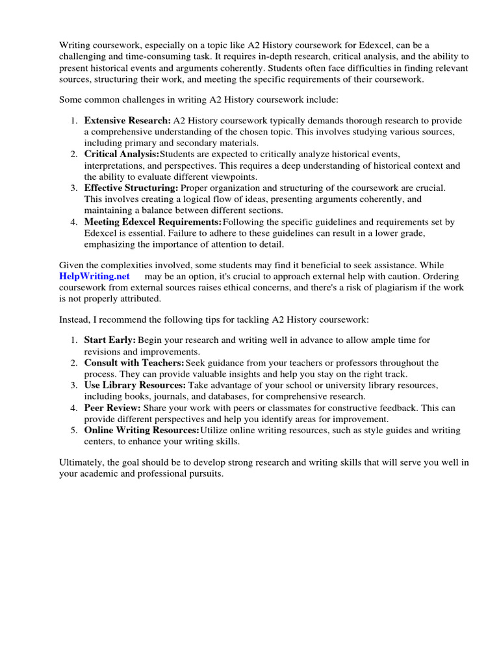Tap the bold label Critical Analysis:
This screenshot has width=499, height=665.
[122, 154]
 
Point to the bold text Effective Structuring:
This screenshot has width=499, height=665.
[131, 188]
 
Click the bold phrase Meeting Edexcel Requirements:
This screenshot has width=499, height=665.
[153, 221]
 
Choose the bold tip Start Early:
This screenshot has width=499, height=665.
[110, 340]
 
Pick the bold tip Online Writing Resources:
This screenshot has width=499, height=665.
[142, 430]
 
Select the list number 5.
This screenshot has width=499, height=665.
[73, 430]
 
